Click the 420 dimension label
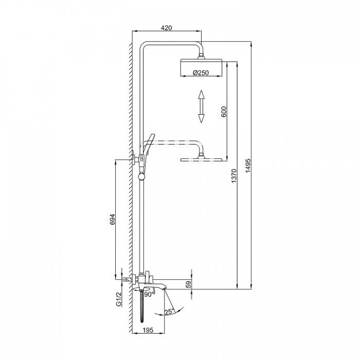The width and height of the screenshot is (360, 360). tap(166, 28)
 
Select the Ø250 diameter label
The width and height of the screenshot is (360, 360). tap(201, 73)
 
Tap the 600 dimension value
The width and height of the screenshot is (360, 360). tap(224, 112)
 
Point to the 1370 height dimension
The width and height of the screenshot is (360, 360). tap(233, 176)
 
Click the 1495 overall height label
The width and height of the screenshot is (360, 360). tap(248, 166)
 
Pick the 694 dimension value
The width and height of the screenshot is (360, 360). tap(112, 220)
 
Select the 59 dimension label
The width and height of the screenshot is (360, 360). tap(188, 285)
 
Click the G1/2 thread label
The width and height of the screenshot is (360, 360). tap(118, 299)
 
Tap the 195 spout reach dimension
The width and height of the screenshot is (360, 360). tap(148, 330)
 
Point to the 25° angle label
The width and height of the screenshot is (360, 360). tap(170, 312)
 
